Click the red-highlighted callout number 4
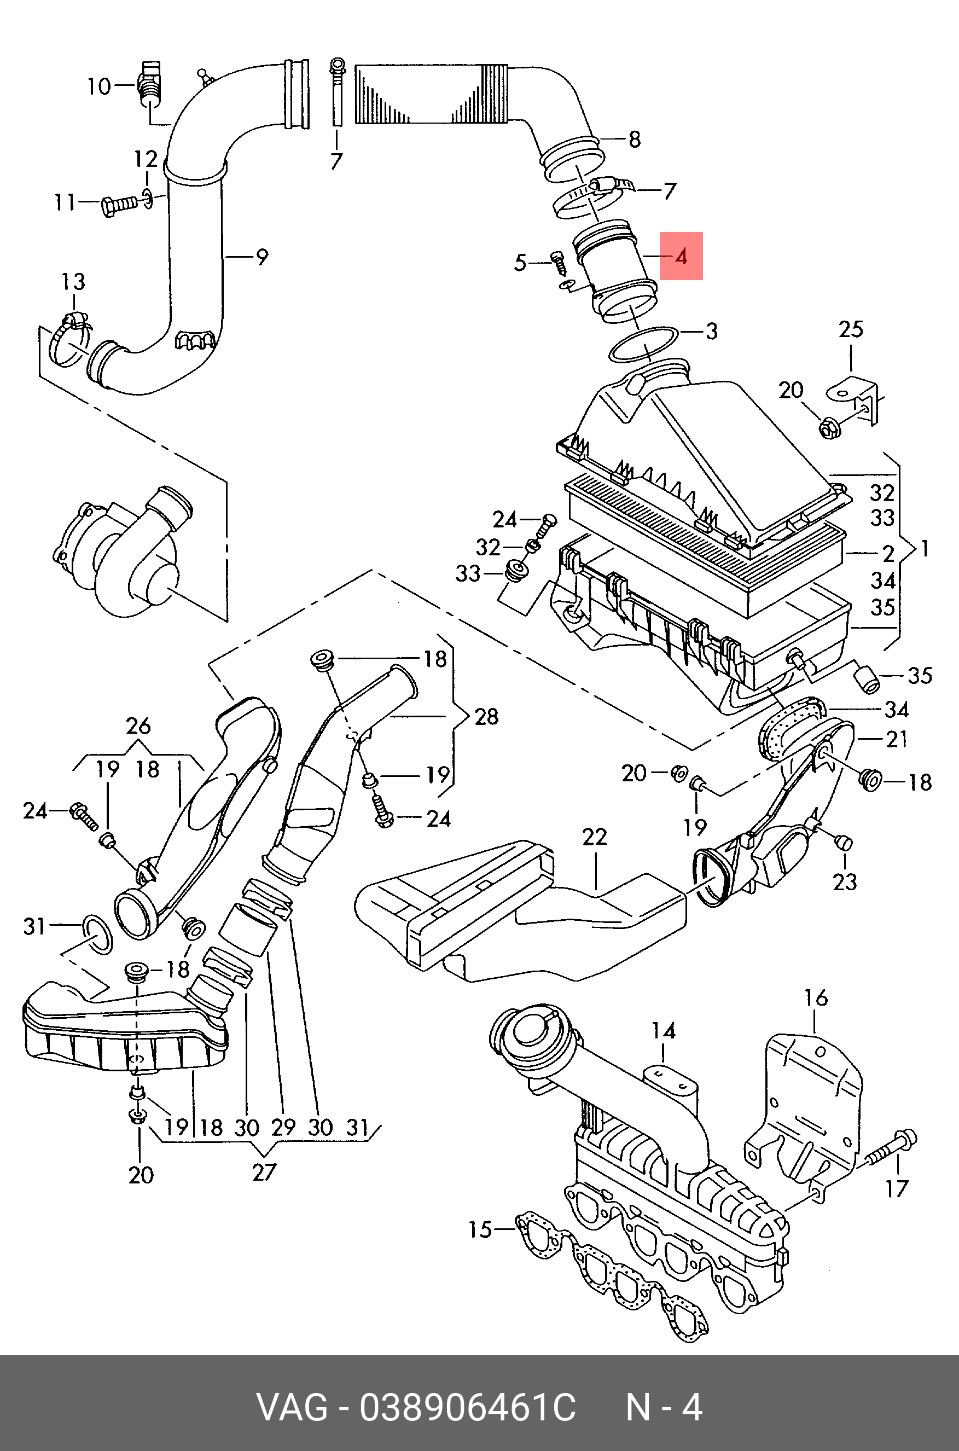pos(681,256)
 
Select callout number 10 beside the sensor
pos(98,86)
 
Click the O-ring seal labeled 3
pos(643,344)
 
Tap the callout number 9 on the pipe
pos(261,257)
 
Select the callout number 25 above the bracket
pos(851,329)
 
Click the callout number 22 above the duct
pos(595,836)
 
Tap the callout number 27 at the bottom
pos(264,1172)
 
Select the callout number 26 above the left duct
pos(138,726)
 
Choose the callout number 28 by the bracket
pos(486,716)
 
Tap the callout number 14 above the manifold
pos(664,1031)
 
